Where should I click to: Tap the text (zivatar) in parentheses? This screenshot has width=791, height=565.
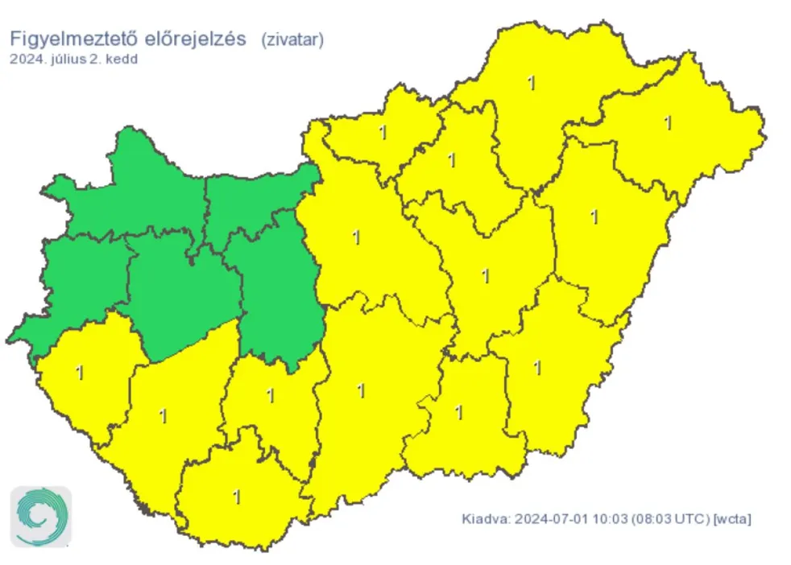292,40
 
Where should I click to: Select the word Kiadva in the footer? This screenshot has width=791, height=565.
484,518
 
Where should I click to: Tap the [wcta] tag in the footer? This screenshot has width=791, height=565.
733,518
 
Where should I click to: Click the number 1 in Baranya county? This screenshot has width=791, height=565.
237,497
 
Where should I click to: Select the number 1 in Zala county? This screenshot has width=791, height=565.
79,373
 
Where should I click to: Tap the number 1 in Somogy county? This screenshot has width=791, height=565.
164,416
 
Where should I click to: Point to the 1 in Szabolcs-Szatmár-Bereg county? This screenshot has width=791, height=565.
668,123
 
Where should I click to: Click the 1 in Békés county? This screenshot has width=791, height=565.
537,368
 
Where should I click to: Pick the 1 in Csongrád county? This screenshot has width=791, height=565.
459,413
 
